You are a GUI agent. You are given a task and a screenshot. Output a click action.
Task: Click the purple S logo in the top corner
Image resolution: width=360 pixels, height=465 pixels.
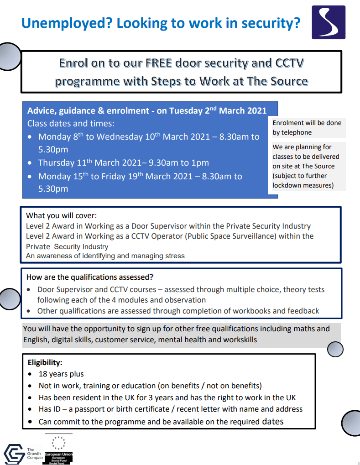tap(329, 22)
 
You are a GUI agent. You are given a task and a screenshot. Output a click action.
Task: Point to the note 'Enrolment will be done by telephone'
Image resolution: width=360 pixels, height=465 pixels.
tap(307, 127)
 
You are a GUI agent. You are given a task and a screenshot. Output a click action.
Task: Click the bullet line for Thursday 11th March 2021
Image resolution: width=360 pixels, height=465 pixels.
tap(123, 163)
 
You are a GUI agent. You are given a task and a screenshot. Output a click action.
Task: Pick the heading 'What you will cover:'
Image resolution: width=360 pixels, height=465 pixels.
tap(62, 215)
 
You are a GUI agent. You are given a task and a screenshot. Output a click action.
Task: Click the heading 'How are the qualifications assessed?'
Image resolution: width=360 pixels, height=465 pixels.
tap(90, 277)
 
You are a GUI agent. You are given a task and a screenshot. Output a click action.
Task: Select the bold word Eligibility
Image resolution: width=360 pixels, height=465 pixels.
tap(45, 363)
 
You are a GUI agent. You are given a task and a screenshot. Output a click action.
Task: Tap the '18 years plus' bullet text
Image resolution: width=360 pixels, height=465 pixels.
tap(61, 374)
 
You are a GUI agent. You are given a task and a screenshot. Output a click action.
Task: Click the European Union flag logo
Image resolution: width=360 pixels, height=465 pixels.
tap(58, 444)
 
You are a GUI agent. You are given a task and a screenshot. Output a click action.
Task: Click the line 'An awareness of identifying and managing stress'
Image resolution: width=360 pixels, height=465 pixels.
tap(105, 256)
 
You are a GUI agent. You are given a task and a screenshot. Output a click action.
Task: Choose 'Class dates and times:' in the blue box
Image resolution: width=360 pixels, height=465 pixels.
tap(71, 124)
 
